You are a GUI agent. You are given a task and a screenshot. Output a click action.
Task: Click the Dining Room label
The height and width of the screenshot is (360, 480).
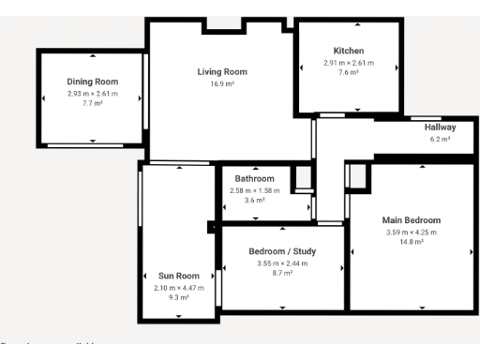click(x=92, y=82)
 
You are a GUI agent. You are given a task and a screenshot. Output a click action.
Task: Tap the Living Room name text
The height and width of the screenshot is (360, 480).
click(x=221, y=71)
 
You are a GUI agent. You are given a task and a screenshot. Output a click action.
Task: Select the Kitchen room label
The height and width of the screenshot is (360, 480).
click(x=348, y=50)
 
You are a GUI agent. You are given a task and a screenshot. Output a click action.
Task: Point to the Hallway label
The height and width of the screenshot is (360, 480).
click(x=440, y=127)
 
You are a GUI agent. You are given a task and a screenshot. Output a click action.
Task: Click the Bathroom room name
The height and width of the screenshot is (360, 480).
click(x=254, y=178)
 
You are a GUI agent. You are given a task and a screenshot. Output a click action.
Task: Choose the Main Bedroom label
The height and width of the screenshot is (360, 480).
click(x=411, y=220)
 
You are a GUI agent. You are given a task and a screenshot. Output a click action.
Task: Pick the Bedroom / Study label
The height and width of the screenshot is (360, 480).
click(x=282, y=251)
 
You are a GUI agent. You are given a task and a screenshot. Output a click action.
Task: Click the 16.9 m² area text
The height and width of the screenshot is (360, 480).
click(x=221, y=83)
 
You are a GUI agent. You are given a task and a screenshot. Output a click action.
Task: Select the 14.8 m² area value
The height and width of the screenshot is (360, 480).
click(x=411, y=242)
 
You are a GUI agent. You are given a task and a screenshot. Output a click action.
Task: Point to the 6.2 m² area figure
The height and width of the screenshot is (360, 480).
click(x=440, y=139)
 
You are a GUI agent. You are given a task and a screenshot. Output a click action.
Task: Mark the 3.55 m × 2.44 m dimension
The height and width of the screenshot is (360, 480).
click(x=282, y=263)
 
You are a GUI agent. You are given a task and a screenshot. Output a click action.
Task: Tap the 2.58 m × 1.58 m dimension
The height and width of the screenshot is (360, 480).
click(x=254, y=190)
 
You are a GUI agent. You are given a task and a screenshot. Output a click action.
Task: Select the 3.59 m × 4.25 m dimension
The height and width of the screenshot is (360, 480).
click(x=411, y=232)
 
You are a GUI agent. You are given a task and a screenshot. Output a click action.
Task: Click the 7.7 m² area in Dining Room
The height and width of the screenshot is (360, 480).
click(x=92, y=104)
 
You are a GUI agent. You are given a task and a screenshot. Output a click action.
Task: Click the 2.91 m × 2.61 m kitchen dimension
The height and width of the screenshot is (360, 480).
click(x=348, y=62)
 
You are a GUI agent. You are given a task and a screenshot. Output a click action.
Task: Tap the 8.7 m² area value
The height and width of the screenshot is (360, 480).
click(x=282, y=273)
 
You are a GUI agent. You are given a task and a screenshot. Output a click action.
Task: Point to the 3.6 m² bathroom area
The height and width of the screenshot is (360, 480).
click(x=254, y=200)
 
